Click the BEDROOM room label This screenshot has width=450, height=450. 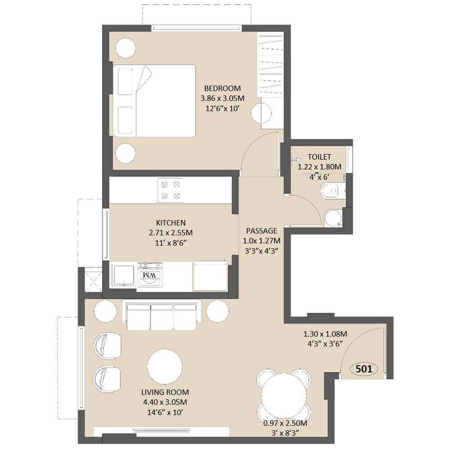pyautogui.click(x=222, y=88)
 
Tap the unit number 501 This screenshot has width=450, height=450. pyautogui.click(x=364, y=369)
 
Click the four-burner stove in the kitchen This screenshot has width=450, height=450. pyautogui.click(x=171, y=190)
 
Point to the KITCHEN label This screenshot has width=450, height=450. pyautogui.click(x=171, y=223)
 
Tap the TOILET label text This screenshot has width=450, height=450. pyautogui.click(x=319, y=157)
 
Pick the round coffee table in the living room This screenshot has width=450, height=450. pyautogui.click(x=165, y=367)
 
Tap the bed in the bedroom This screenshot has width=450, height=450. pyautogui.click(x=155, y=100)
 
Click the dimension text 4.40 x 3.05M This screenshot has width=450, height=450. pyautogui.click(x=164, y=402)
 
